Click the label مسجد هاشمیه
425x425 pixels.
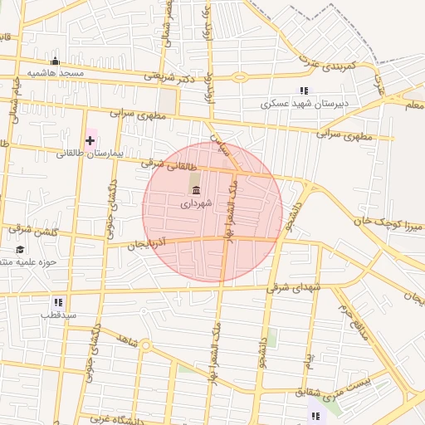[56, 73]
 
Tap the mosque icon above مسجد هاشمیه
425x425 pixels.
[56, 61]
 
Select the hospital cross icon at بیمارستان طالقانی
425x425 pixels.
[90, 140]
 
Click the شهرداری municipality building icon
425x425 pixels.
[196, 190]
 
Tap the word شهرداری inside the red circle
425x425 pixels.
[196, 203]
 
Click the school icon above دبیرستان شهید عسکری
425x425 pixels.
[304, 90]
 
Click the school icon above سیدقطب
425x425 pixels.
[58, 302]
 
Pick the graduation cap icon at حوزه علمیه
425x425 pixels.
[19, 249]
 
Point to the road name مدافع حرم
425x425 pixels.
[351, 320]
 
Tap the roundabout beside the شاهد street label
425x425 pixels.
[145, 344]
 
